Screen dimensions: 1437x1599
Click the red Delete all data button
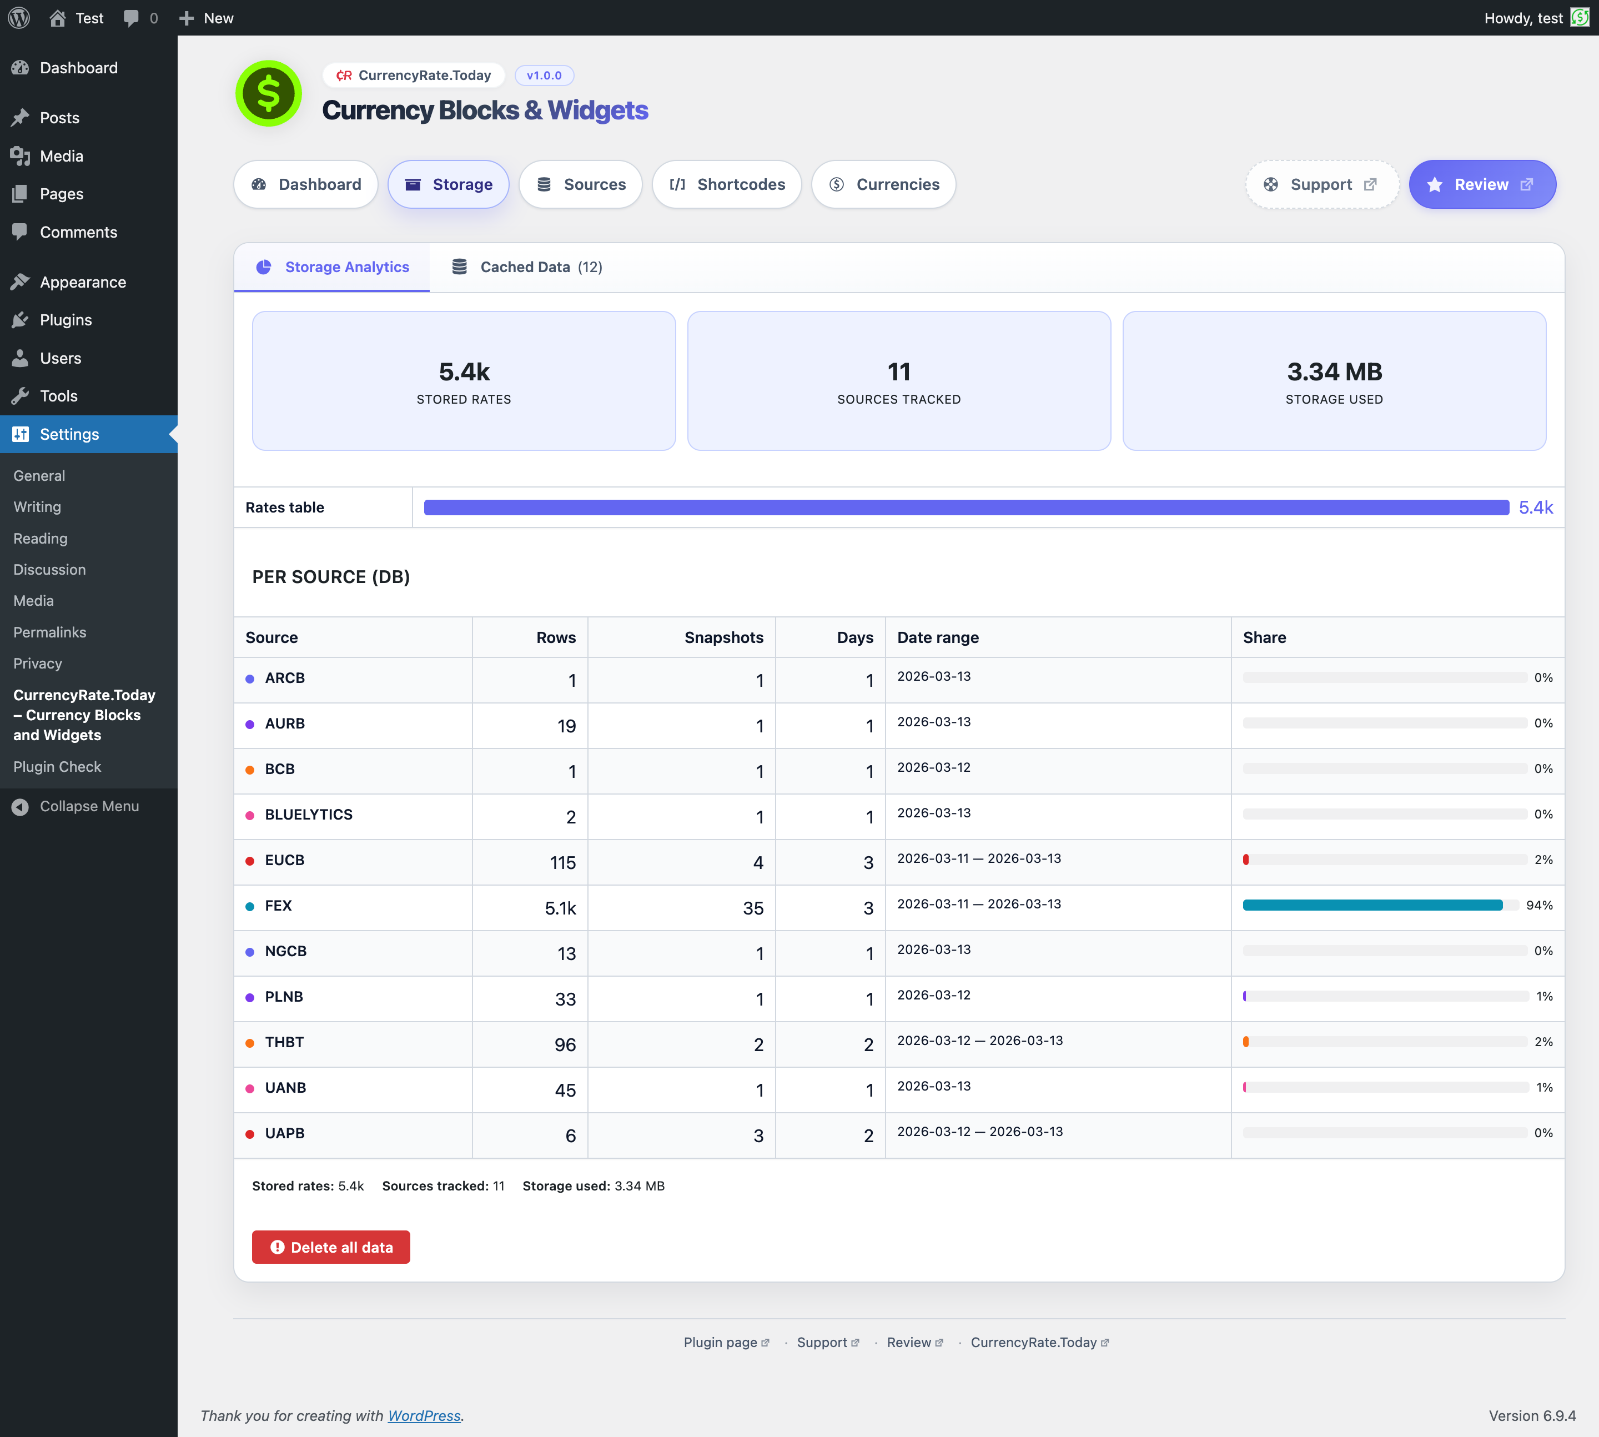click(x=331, y=1248)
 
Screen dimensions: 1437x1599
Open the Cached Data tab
click(x=527, y=268)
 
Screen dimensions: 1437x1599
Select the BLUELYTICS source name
click(x=309, y=815)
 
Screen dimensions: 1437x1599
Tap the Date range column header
click(x=938, y=638)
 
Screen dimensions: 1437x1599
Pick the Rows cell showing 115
click(x=562, y=863)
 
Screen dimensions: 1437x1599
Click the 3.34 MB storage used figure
click(x=1334, y=372)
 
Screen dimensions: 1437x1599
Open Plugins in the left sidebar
click(x=66, y=320)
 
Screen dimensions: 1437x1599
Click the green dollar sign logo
click(x=269, y=93)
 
